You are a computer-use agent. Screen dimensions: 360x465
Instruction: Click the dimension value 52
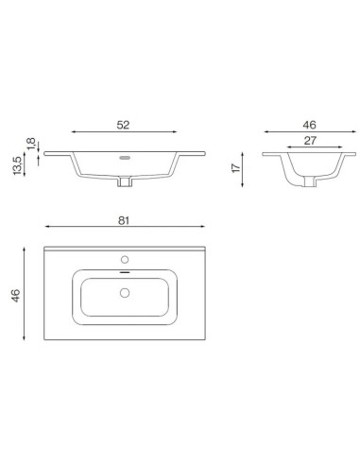tap(123, 125)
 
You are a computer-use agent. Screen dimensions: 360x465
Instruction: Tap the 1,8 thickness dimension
tap(31, 144)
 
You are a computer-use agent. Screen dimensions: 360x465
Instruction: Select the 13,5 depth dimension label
tap(17, 165)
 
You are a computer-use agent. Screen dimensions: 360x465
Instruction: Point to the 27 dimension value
tap(310, 141)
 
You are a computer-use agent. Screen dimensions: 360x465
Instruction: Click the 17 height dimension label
tap(236, 167)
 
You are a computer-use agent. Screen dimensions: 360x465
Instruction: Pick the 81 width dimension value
tap(124, 220)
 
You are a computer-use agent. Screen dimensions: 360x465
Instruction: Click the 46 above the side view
tap(309, 125)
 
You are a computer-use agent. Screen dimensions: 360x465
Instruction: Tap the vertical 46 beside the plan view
tap(15, 296)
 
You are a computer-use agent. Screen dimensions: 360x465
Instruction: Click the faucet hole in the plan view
tap(125, 260)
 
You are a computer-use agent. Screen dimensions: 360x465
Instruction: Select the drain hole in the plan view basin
tap(125, 293)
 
